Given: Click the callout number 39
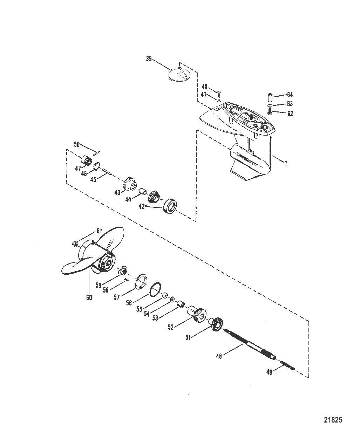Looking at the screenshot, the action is [149, 59].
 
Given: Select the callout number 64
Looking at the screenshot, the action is [290, 95].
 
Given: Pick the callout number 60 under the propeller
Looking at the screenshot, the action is [89, 297].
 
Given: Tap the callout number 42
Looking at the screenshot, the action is [141, 206].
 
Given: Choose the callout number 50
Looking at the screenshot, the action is [77, 144].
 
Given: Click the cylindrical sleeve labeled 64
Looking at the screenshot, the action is [270, 97].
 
